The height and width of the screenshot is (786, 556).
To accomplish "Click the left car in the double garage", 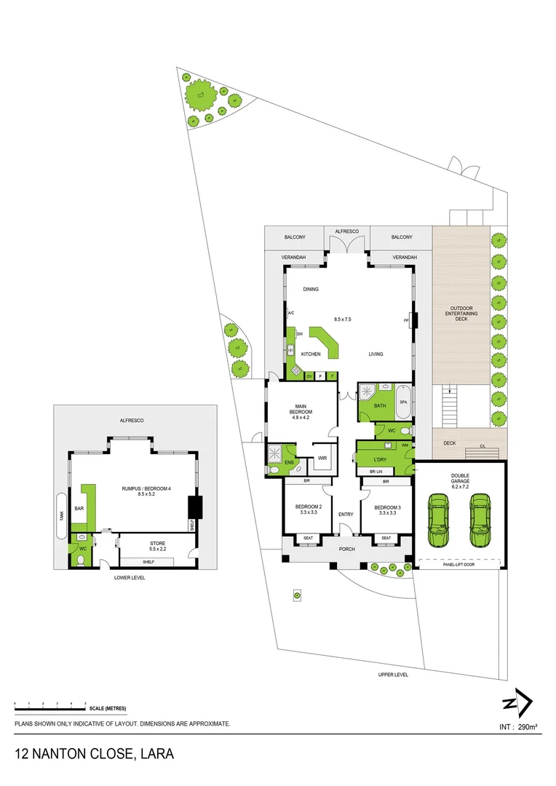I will [x=438, y=520].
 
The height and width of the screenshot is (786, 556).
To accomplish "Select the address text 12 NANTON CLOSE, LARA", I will [x=94, y=753].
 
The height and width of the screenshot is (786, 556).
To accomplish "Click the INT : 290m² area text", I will [x=518, y=726].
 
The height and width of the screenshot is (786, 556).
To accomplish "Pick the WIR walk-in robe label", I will [x=322, y=458].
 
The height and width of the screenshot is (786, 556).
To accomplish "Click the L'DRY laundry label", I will [x=380, y=460].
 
